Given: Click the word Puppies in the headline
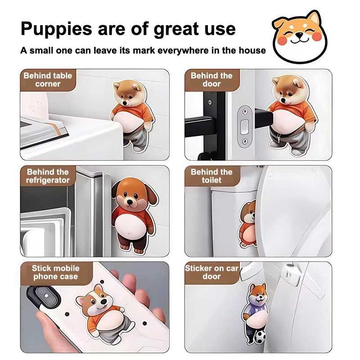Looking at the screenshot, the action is click(56, 29).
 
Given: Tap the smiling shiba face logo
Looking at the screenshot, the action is click(300, 37).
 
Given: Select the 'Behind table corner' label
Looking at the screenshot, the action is click(48, 80).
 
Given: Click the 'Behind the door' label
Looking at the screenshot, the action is click(211, 80).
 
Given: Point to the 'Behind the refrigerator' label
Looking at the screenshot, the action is click(48, 176).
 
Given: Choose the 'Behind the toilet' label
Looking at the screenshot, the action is click(211, 176).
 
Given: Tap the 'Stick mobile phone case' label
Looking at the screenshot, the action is click(55, 272).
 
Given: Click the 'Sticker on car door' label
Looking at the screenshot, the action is click(211, 272).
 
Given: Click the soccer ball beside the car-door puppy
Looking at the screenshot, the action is click(260, 337).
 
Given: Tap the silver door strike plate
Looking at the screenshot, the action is click(245, 127).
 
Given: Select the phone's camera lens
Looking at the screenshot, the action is click(46, 296).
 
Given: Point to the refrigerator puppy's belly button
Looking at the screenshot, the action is click(129, 234).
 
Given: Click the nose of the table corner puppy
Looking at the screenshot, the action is click(125, 103).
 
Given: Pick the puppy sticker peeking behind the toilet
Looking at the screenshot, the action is click(247, 224).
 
